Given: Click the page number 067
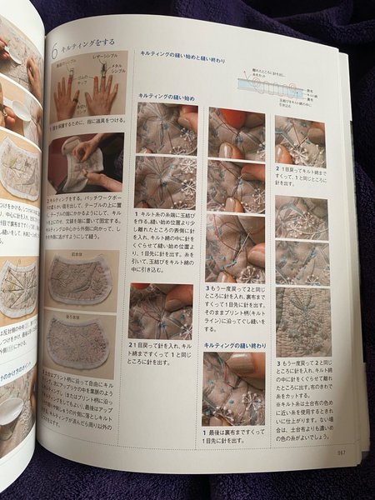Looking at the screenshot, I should (341, 452).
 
